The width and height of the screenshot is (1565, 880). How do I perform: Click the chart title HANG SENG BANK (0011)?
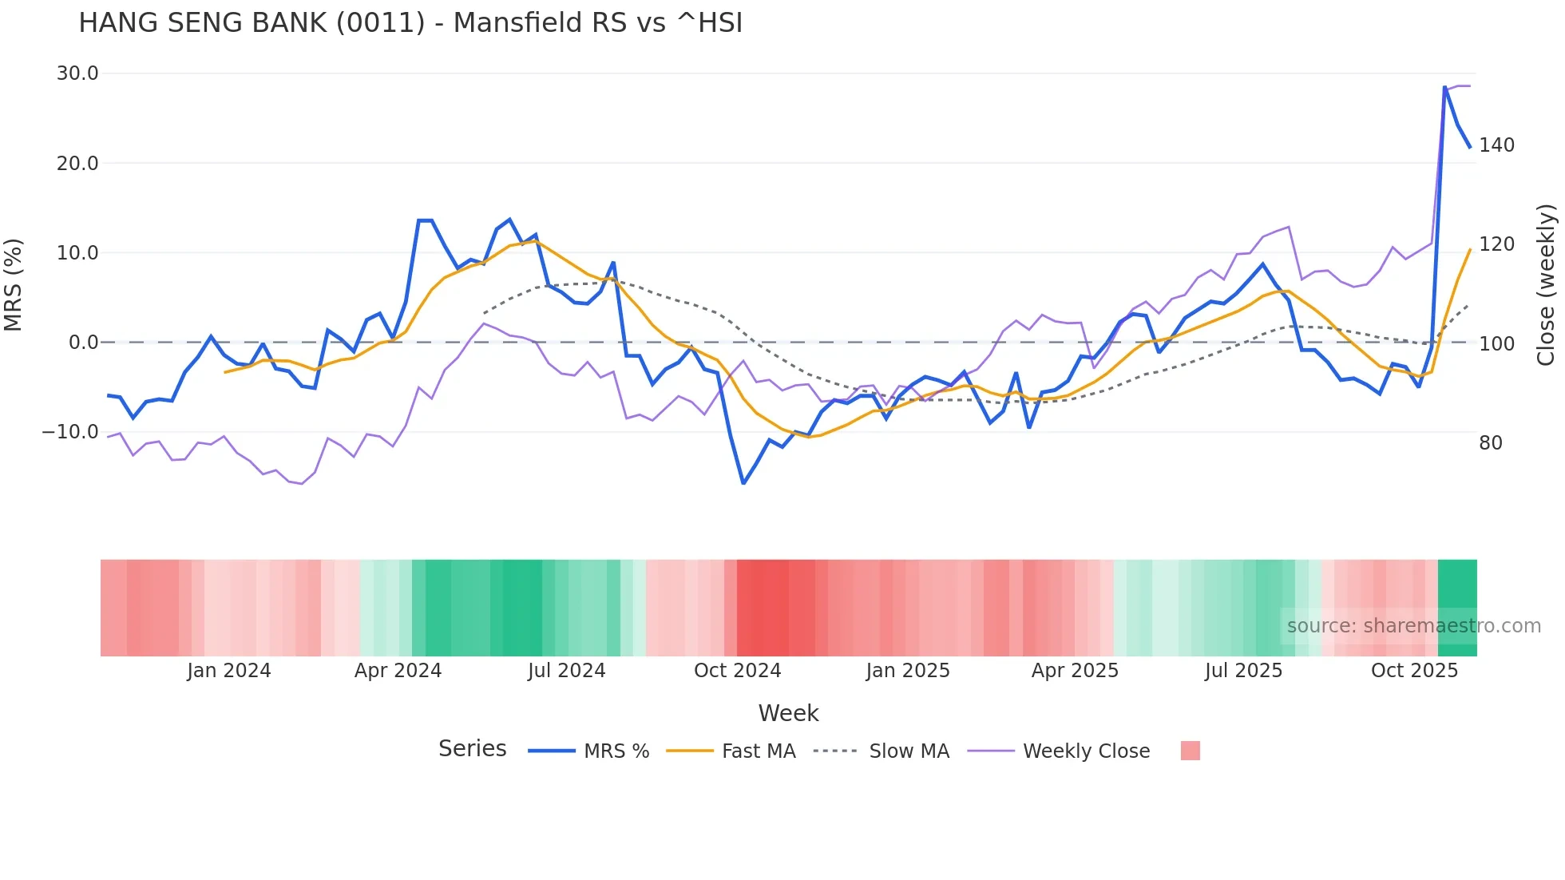[x=410, y=23]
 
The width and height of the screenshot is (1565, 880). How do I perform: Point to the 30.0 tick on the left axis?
[x=77, y=73]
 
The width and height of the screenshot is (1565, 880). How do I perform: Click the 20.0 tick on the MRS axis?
[x=77, y=164]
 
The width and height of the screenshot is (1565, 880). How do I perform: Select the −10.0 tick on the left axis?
[x=70, y=432]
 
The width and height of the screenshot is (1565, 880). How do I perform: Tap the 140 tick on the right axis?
[x=1496, y=145]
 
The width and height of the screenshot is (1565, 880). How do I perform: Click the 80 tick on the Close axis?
[x=1491, y=443]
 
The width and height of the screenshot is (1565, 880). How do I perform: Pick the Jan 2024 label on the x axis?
[x=229, y=671]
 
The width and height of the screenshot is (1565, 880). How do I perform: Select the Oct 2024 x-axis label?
[x=737, y=671]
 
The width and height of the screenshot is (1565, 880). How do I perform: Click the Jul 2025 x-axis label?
[x=1243, y=671]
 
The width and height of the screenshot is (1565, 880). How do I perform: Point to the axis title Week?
[x=788, y=713]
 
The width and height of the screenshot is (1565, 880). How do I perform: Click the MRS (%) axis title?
[x=14, y=285]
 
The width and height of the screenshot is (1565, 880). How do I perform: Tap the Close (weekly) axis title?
[x=1547, y=285]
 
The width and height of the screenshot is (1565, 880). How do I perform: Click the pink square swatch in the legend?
[x=1190, y=751]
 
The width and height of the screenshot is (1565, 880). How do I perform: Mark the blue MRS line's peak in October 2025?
[x=1444, y=87]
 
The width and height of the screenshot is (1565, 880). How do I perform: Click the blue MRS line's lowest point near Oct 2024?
[x=743, y=483]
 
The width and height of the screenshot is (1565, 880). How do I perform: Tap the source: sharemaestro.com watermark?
[x=1413, y=626]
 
